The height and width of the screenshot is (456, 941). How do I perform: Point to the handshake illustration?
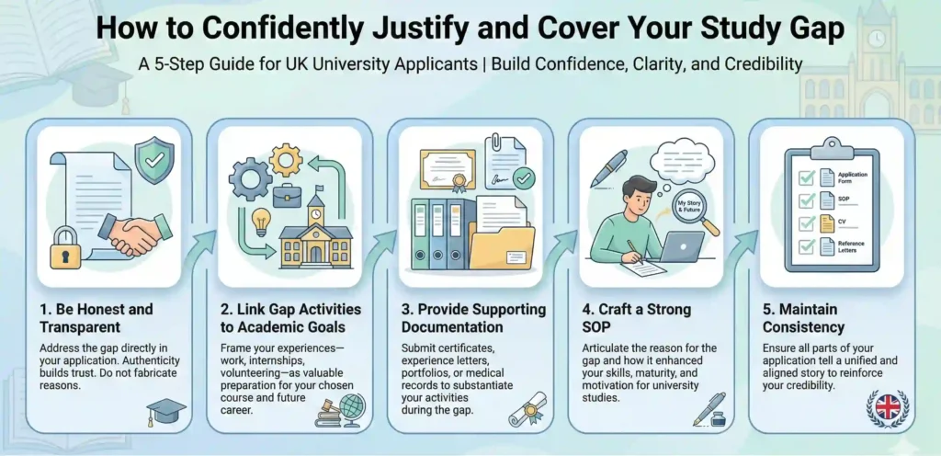tap(132, 233)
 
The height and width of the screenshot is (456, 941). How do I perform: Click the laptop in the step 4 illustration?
tap(680, 246)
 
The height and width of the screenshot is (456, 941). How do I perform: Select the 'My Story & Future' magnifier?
tap(690, 207)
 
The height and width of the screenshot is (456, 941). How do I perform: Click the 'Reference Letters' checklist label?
tap(850, 246)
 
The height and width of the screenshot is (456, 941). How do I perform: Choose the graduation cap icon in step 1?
tap(166, 409)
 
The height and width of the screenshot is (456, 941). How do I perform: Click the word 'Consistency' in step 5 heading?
tap(803, 326)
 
